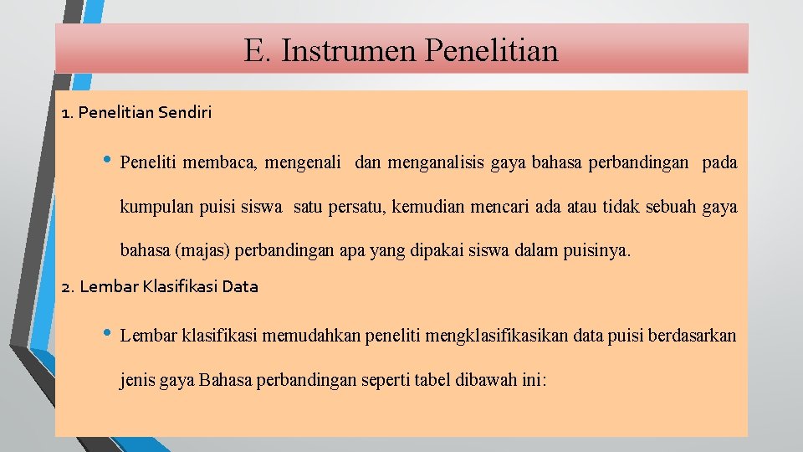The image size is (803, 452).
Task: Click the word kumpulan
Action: pyautogui.click(x=153, y=207)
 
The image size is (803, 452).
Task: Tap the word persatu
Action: pyautogui.click(x=358, y=207)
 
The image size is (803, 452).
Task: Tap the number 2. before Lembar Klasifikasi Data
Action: pyautogui.click(x=69, y=286)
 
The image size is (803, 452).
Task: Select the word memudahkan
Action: pyautogui.click(x=306, y=336)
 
